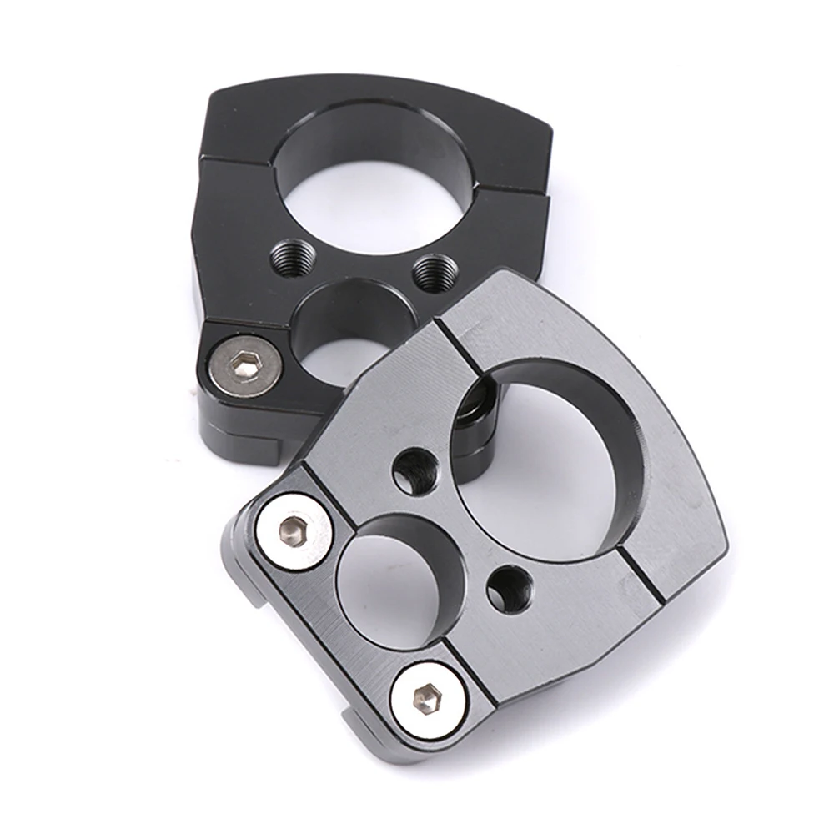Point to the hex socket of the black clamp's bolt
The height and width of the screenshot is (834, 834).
click(x=243, y=363)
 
